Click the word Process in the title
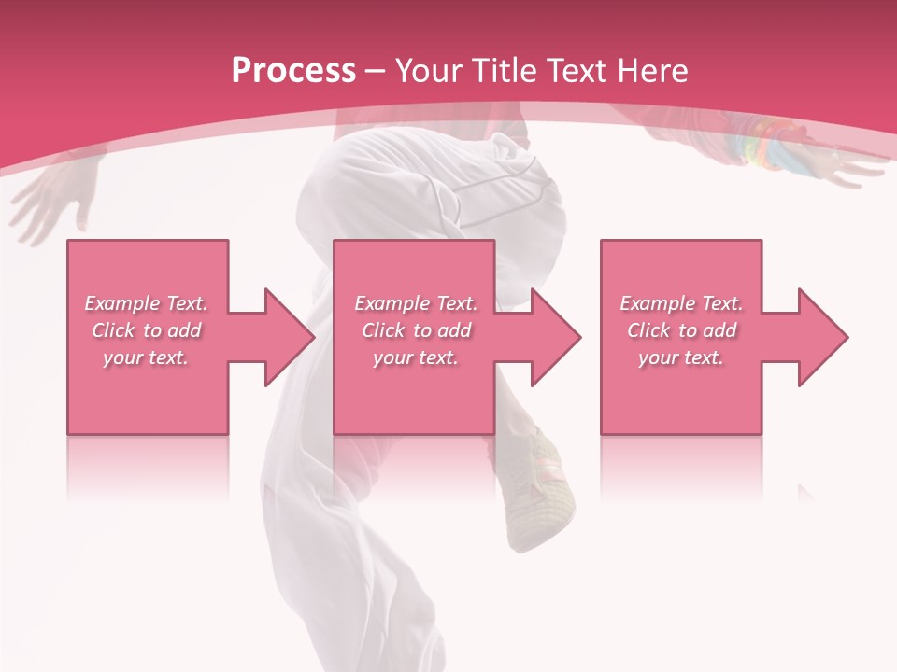point(293,71)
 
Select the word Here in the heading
point(653,71)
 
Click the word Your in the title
point(432,71)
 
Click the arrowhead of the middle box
point(554,337)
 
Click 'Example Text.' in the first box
point(146,303)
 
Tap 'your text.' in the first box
point(146,357)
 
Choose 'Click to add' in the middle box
point(416,330)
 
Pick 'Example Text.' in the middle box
point(416,303)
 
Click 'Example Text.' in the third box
point(681,303)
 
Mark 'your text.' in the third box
point(681,357)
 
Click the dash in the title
point(376,72)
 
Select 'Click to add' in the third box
point(681,330)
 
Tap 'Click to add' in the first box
point(146,330)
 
